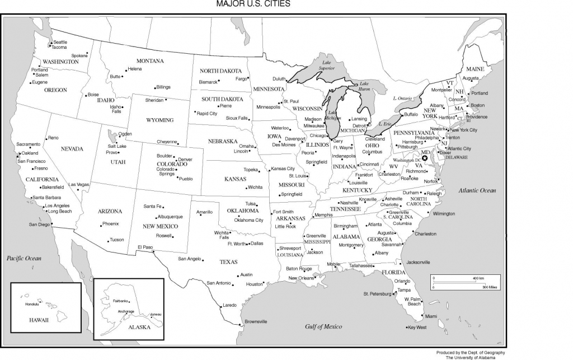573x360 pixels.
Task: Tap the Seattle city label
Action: pos(60,42)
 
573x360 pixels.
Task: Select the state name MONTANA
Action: pos(150,60)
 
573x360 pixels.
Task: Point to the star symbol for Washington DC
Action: pos(425,158)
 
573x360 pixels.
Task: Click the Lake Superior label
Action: pos(326,66)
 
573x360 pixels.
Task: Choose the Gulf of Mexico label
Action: pos(323,326)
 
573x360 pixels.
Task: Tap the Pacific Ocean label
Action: pos(24,258)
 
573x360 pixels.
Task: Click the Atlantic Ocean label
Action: pos(477,190)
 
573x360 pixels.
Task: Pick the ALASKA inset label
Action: pos(139,326)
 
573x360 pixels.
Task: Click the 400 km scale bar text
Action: pos(478,278)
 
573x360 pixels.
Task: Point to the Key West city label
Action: pos(417,327)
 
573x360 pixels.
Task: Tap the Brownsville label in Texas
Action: pos(256,321)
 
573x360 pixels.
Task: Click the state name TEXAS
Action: pos(228,261)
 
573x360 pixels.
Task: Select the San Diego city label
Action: pos(39,225)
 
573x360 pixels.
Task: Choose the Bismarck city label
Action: pos(208,82)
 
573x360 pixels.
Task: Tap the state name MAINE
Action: pos(475,69)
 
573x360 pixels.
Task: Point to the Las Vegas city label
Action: pos(79,184)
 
